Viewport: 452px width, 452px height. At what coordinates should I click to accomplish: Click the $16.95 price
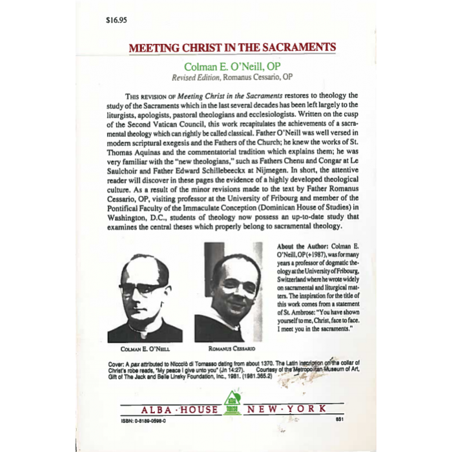coord(117,20)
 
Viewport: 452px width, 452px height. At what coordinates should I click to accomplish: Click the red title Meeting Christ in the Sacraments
coord(232,48)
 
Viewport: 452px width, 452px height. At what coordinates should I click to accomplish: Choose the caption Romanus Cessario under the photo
coord(229,349)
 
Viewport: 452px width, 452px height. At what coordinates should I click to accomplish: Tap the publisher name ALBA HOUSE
coord(176,410)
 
